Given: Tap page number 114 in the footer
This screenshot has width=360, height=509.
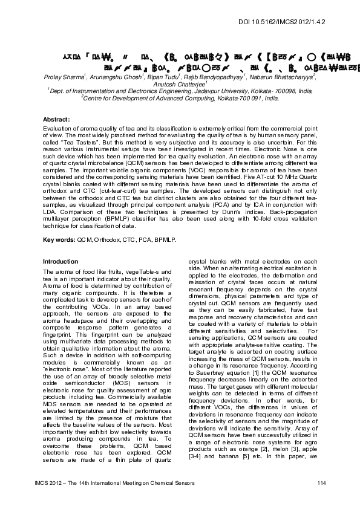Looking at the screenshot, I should click(322, 481).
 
